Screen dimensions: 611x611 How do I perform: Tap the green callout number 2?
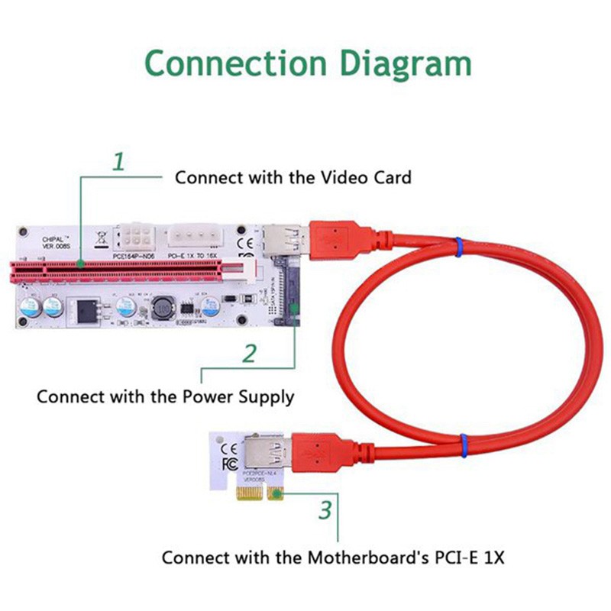pyautogui.click(x=249, y=354)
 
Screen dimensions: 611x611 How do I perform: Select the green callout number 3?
pyautogui.click(x=326, y=509)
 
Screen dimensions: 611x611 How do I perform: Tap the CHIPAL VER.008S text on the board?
pyautogui.click(x=56, y=243)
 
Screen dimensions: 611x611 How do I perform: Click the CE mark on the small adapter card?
pyautogui.click(x=228, y=449)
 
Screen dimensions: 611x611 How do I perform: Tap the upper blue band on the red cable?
pyautogui.click(x=457, y=246)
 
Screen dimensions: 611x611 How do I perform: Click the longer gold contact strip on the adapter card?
pyautogui.click(x=254, y=496)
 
